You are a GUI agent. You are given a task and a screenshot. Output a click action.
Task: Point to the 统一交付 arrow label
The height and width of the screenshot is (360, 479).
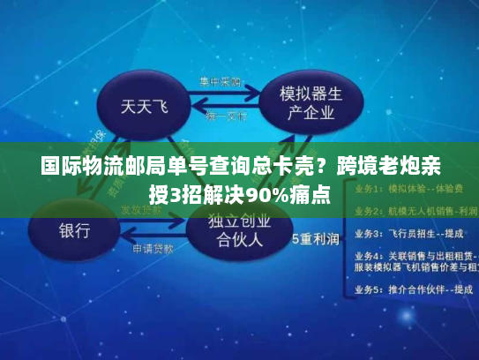coord(227,116)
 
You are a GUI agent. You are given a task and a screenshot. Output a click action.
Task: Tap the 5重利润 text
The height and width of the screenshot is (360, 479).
coord(316,238)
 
